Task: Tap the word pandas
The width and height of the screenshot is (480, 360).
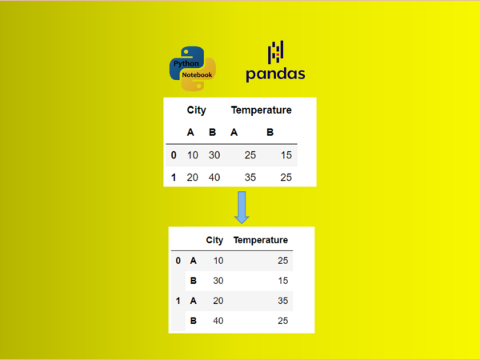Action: point(275,76)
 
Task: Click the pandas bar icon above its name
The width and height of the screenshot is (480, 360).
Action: point(275,52)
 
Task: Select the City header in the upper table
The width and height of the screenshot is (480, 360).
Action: point(197,110)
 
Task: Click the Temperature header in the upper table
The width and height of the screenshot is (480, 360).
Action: point(261,110)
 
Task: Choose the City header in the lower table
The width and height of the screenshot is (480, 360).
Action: point(214,239)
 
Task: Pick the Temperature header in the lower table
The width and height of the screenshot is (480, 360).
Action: point(260,239)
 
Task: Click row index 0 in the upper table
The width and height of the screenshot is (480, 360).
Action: point(174,155)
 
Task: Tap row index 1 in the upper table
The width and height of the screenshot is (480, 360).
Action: point(174,178)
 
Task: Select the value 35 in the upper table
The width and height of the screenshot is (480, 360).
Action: point(250,178)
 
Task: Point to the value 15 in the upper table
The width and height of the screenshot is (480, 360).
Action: point(286,155)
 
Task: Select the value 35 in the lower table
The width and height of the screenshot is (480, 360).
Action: point(281,301)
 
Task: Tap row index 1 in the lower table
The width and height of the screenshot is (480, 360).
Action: point(178,301)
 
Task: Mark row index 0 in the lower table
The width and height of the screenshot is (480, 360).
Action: point(178,261)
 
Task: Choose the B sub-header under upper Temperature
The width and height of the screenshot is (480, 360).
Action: point(270,133)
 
